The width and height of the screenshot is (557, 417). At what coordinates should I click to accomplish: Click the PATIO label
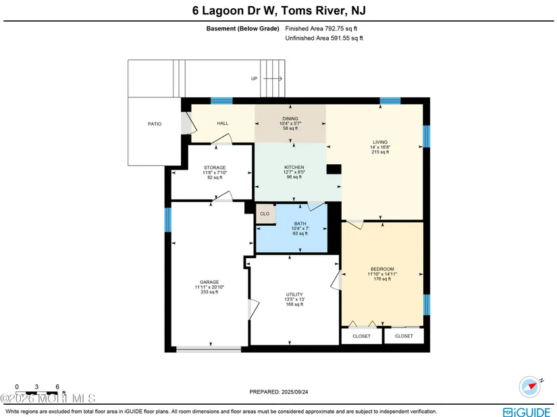coord(155,124)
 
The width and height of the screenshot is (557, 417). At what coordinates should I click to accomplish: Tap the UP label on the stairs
coord(254,78)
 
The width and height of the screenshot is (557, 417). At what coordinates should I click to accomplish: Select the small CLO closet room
coord(265,214)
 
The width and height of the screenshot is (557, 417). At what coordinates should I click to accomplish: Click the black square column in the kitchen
coord(334,169)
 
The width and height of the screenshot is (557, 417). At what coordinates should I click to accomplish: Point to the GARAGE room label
coord(209,282)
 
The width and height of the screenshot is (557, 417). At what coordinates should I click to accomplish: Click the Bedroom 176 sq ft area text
coord(382,279)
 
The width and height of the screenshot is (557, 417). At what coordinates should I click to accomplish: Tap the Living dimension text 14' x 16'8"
coord(380,147)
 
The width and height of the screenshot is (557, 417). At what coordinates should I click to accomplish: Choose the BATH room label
coord(300,224)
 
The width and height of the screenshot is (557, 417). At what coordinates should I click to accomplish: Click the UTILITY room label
coord(294,295)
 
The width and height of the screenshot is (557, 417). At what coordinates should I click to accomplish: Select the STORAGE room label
coord(215,168)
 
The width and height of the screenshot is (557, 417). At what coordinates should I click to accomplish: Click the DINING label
coord(290,119)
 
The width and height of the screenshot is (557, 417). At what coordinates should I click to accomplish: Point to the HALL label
coord(223,124)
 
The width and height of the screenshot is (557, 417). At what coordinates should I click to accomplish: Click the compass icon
coord(530,387)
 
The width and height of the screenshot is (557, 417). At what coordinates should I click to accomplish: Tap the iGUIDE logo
coord(527,412)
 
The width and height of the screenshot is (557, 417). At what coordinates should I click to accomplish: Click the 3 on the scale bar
coord(36,387)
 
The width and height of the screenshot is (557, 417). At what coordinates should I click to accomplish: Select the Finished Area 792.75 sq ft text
coord(321,28)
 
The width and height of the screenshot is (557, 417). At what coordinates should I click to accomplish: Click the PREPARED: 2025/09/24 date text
coord(278,392)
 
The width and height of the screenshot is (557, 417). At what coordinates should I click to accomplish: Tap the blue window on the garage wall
coord(167,220)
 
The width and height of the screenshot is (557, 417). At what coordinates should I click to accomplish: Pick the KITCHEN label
coord(294,167)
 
